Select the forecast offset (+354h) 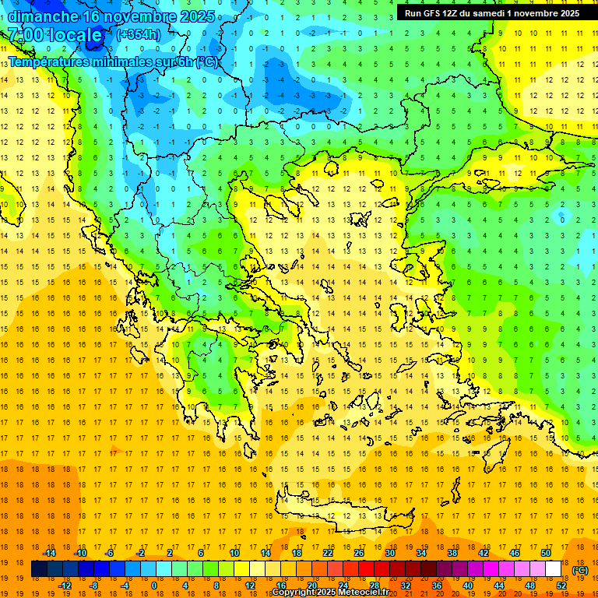coord(139,35)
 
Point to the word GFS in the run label coord(437,13)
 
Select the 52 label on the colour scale coord(561,586)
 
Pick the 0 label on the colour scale coord(153,586)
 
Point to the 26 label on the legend coord(359,553)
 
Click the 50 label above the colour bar coord(546,553)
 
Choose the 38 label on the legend coord(452,553)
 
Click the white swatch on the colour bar coord(554,569)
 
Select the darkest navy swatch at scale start coord(40,569)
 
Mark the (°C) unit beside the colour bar coord(580,570)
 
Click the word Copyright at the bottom coord(295,593)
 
